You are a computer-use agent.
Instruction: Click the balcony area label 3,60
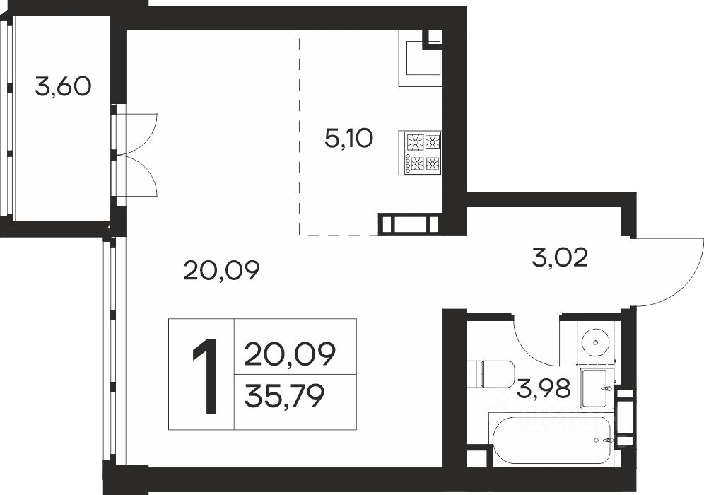(x=64, y=87)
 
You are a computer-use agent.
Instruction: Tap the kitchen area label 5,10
(x=349, y=139)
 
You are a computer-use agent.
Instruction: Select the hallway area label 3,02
(x=560, y=258)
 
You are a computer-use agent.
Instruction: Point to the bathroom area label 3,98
(x=544, y=388)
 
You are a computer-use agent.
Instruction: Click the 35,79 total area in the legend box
(x=285, y=397)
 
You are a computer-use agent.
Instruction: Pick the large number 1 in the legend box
(x=206, y=376)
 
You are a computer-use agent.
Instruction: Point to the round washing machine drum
(x=596, y=342)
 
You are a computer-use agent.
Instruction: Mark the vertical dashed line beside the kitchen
(x=300, y=136)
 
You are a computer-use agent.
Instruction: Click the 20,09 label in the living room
(x=222, y=271)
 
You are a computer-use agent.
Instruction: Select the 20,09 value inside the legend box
(x=290, y=354)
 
